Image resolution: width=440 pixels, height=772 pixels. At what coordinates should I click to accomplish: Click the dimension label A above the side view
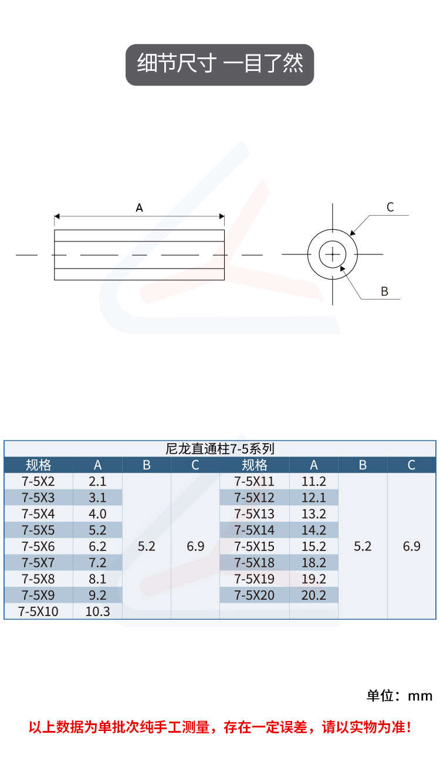click(x=140, y=208)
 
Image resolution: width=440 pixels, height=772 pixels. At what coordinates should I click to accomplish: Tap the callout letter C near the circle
click(x=390, y=207)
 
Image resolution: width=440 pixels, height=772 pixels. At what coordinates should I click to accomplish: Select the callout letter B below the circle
click(x=385, y=291)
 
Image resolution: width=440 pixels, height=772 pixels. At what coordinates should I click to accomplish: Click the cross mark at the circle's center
click(x=333, y=254)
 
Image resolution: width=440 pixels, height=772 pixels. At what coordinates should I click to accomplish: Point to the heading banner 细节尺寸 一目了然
click(x=220, y=64)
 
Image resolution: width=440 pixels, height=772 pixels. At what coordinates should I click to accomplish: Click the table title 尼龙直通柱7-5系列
click(x=220, y=449)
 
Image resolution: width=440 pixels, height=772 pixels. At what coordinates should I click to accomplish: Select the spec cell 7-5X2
click(x=38, y=482)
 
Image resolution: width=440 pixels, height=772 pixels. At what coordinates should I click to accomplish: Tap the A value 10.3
click(x=97, y=611)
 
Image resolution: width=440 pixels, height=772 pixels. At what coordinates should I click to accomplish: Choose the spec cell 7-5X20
click(x=254, y=596)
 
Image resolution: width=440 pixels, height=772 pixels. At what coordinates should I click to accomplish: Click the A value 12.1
click(x=314, y=498)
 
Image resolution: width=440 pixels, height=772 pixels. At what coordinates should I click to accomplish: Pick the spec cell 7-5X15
click(x=254, y=546)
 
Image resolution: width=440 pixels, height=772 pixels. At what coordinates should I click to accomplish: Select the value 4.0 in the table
click(x=97, y=514)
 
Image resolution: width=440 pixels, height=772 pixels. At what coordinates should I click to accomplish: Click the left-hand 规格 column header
click(x=38, y=465)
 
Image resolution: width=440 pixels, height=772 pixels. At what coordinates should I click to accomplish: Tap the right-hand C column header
click(x=411, y=465)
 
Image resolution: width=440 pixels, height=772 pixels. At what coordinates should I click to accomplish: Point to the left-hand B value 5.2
click(x=146, y=546)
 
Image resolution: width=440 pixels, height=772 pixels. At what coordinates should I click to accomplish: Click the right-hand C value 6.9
click(x=411, y=546)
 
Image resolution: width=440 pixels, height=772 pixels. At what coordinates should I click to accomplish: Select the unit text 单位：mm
click(x=400, y=696)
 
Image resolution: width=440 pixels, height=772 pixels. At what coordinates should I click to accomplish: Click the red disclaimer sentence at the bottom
click(x=220, y=727)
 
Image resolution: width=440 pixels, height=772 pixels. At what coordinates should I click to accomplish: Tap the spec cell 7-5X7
click(x=38, y=563)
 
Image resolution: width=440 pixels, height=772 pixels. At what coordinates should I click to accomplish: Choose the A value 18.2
click(x=314, y=563)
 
